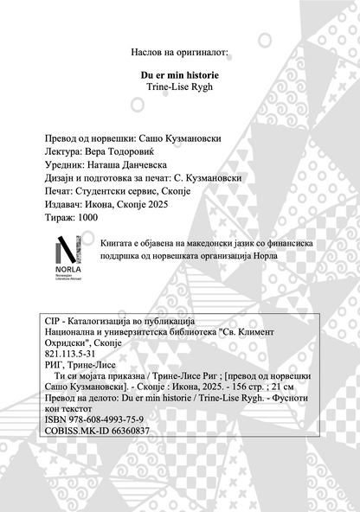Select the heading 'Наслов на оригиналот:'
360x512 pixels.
coord(180,53)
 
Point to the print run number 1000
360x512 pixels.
coord(87,219)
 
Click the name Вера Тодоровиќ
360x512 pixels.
coord(124,150)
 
